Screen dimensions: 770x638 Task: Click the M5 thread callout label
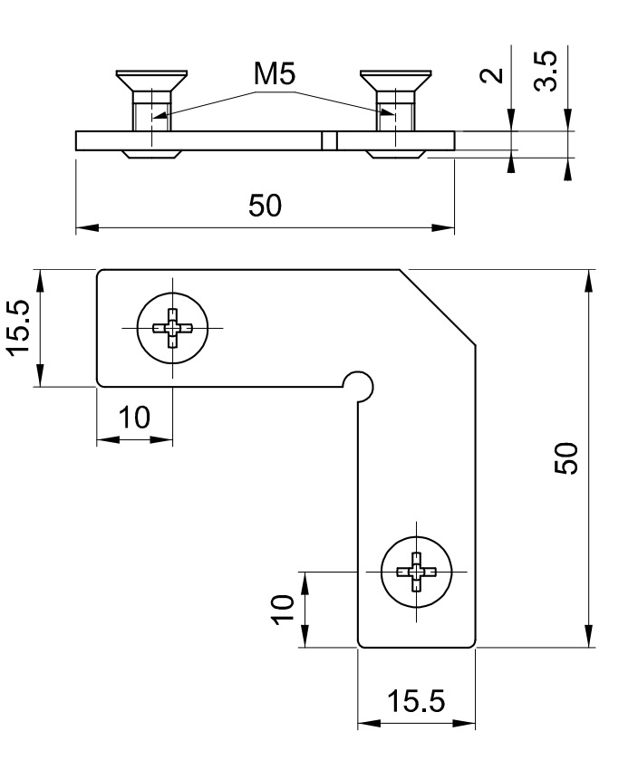(x=275, y=76)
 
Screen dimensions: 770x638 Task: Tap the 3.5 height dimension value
(x=546, y=70)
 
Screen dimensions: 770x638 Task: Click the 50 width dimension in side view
(x=265, y=207)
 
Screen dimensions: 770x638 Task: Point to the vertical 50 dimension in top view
(x=565, y=458)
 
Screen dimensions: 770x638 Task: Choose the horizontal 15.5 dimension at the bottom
(x=416, y=702)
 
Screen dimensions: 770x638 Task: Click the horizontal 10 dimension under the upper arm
(x=134, y=418)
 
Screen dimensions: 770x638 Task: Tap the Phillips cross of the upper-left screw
(x=172, y=327)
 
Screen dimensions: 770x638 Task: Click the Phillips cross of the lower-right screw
(x=416, y=572)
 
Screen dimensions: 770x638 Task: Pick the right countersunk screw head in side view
(x=395, y=82)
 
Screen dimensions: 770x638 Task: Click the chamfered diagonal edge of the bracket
(x=439, y=306)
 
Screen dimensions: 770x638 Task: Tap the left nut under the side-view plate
(x=150, y=155)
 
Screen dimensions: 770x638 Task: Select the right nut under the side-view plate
(x=395, y=155)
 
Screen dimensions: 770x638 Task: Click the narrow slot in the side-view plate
(x=330, y=140)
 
